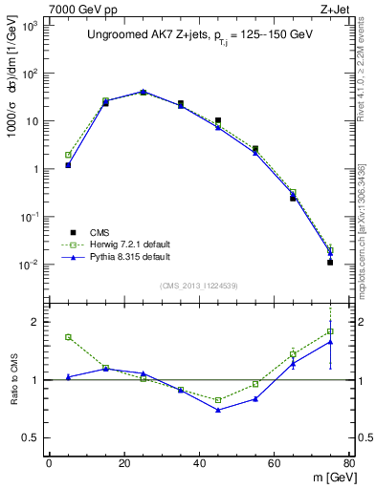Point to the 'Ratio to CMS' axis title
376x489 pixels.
click(14, 380)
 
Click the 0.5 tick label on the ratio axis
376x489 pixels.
click(32, 437)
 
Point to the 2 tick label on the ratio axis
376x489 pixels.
click(35, 322)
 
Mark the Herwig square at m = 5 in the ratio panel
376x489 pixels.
click(68, 336)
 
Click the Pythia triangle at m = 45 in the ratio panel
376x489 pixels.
click(218, 410)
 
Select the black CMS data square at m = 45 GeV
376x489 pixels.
click(218, 121)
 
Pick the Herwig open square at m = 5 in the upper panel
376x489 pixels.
click(68, 155)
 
